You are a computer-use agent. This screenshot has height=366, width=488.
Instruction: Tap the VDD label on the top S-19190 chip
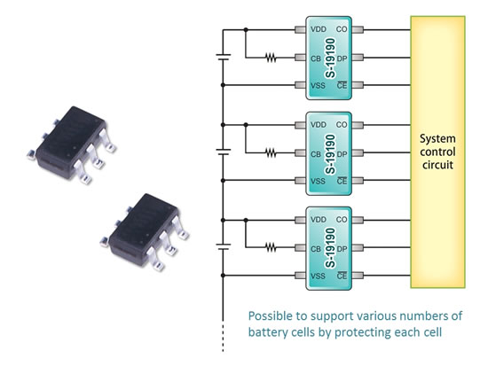316,30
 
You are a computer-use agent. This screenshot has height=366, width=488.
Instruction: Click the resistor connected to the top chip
270,58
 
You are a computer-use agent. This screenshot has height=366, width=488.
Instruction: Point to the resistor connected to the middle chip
270,152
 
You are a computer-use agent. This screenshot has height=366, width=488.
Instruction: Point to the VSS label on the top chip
316,85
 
